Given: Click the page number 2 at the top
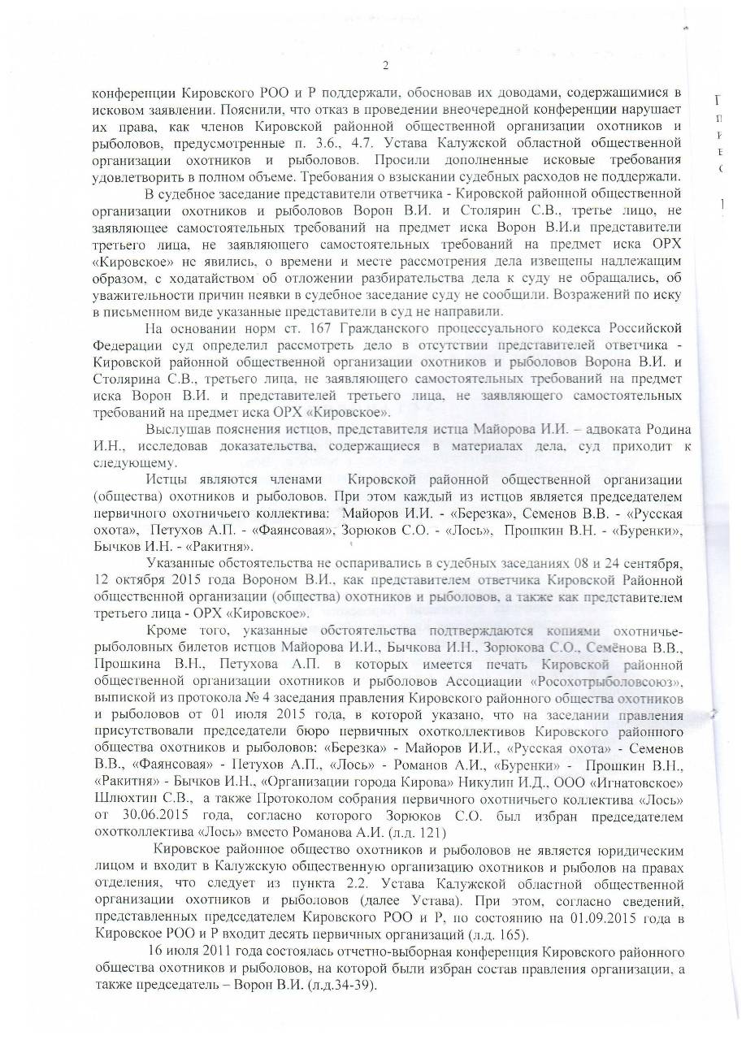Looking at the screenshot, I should click(385, 66).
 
